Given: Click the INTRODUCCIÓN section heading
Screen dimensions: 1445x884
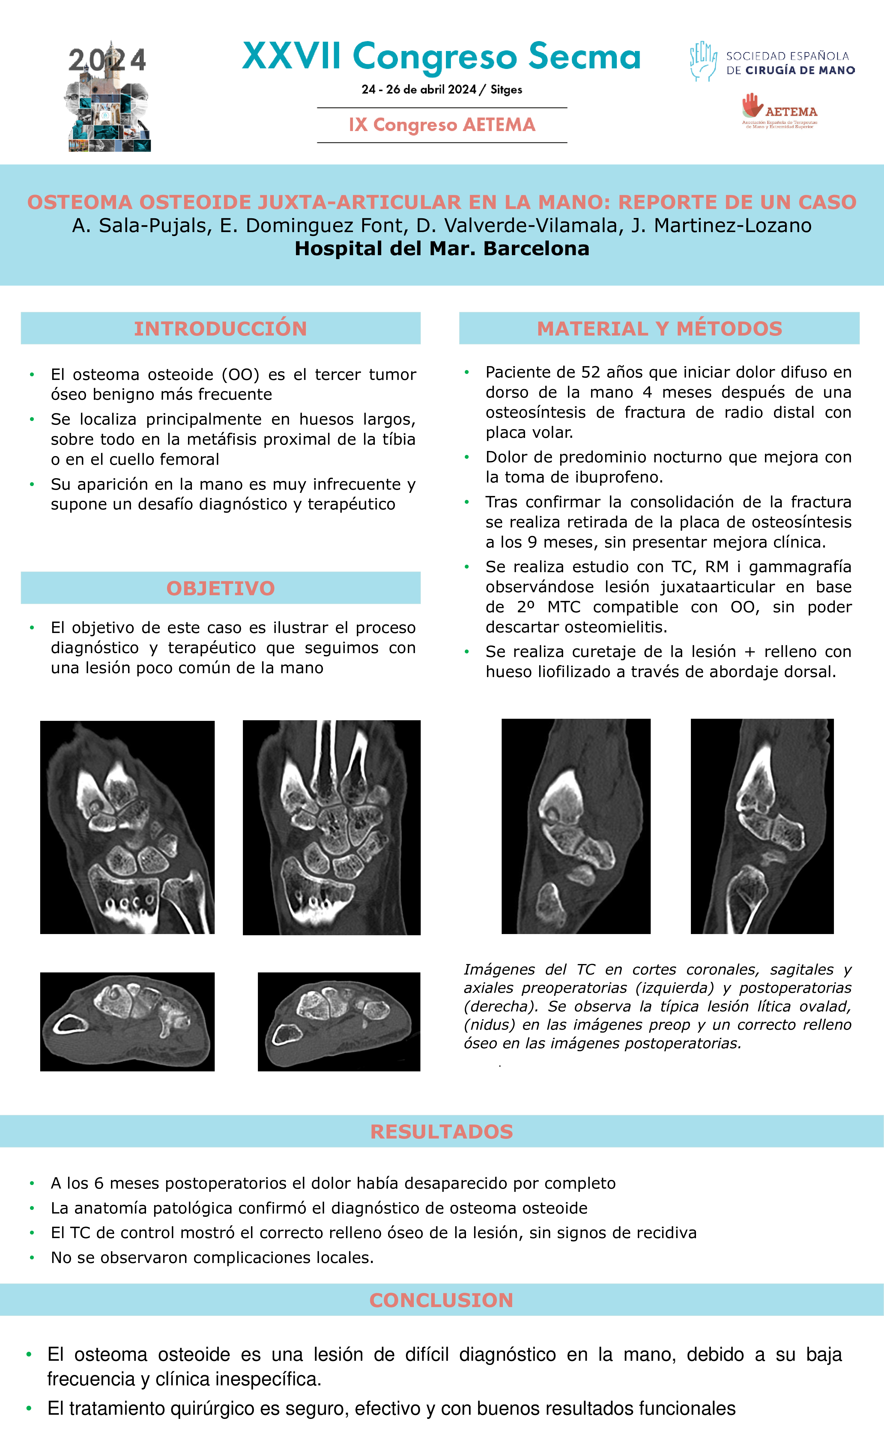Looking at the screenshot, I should [x=221, y=328].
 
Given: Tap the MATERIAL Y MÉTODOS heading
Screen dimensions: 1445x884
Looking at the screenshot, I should [x=659, y=328].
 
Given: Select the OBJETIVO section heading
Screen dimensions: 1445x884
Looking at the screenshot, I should [x=221, y=588].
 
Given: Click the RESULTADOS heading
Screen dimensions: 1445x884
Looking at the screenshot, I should [x=442, y=1131].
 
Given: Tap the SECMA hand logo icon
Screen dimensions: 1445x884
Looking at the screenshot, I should [x=703, y=61].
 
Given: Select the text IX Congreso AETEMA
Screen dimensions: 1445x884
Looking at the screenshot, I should [x=442, y=125].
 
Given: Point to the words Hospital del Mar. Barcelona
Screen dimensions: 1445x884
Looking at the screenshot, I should [x=442, y=249].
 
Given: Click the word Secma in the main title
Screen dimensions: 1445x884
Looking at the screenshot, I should [x=584, y=57].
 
